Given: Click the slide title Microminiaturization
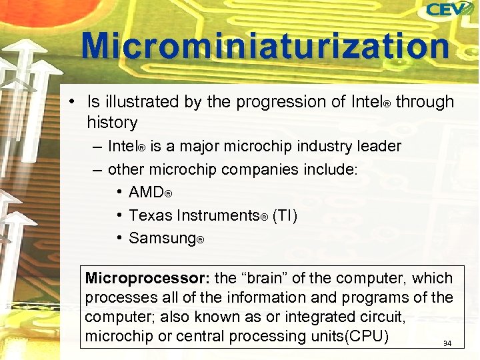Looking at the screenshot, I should click(x=265, y=47).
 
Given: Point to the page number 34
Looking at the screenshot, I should click(x=447, y=344).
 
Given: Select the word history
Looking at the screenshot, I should click(x=112, y=123).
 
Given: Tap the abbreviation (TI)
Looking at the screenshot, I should click(x=285, y=215).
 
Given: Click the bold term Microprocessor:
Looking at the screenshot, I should click(x=147, y=278).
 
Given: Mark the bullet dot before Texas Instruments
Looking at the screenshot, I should click(x=118, y=215).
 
